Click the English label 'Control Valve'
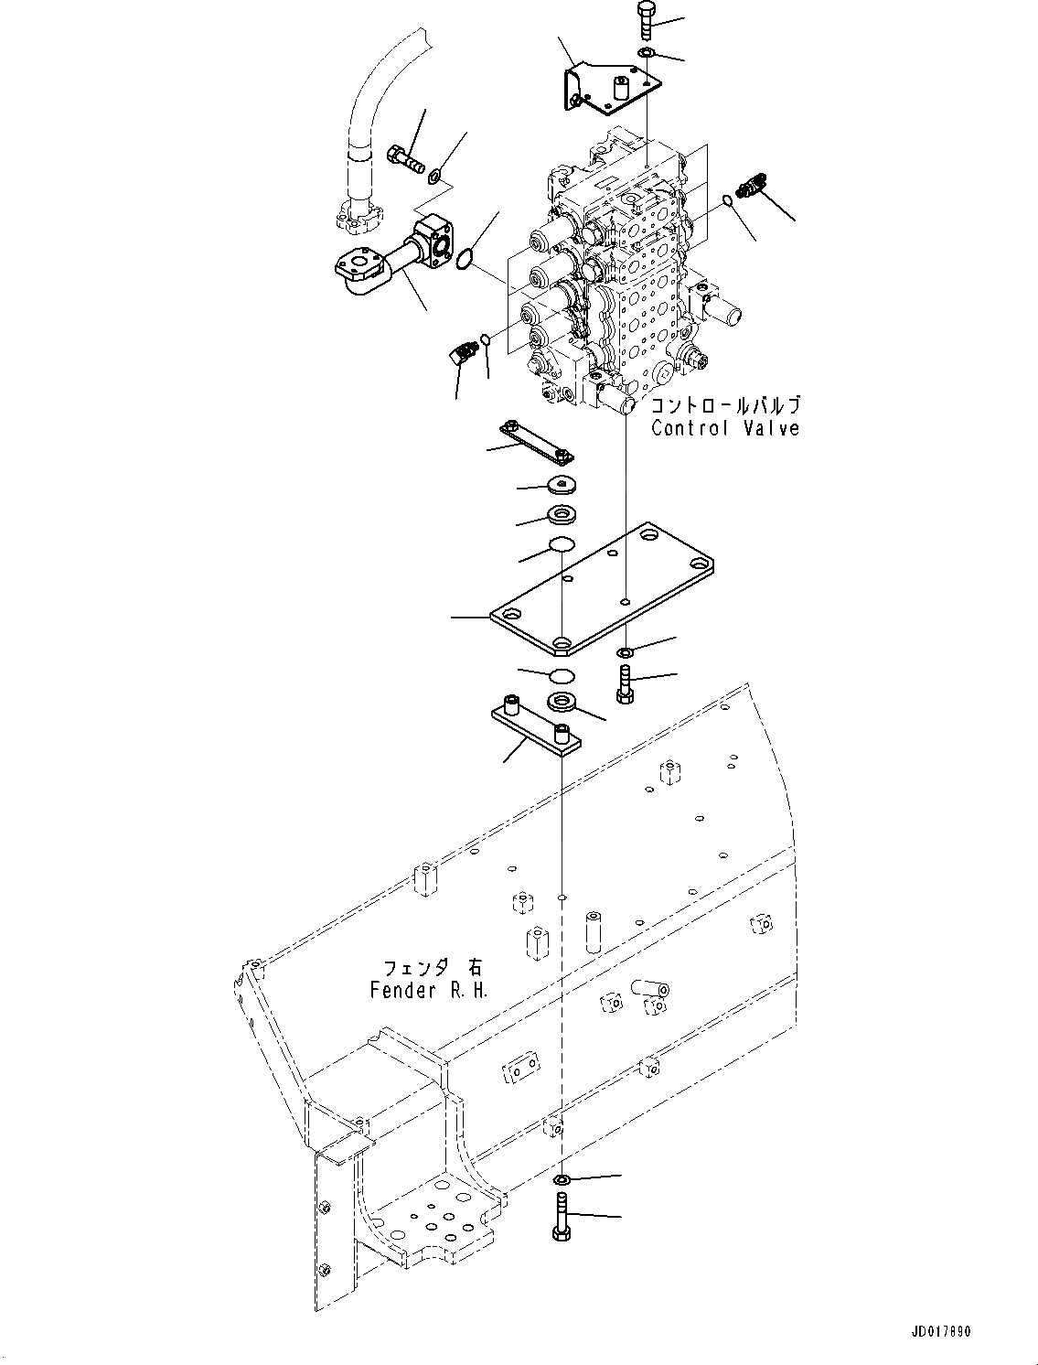tap(725, 427)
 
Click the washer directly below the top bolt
tap(646, 54)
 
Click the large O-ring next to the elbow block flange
tap(465, 260)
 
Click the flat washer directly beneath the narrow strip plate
tap(561, 486)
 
